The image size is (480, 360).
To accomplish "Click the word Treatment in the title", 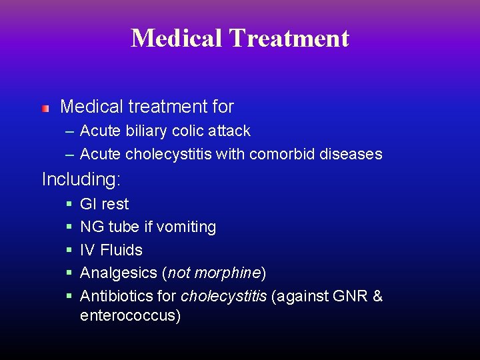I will click(x=289, y=38).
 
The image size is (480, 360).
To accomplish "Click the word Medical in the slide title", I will click(x=177, y=38).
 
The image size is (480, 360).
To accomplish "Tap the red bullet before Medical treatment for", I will click(x=45, y=108).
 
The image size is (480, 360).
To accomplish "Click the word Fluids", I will click(x=121, y=250).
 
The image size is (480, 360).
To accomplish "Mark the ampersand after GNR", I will click(x=377, y=296).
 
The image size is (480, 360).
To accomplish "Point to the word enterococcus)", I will click(x=130, y=315).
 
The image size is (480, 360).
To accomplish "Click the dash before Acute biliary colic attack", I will click(x=69, y=131).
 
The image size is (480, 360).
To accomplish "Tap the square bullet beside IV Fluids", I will click(x=69, y=251).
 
